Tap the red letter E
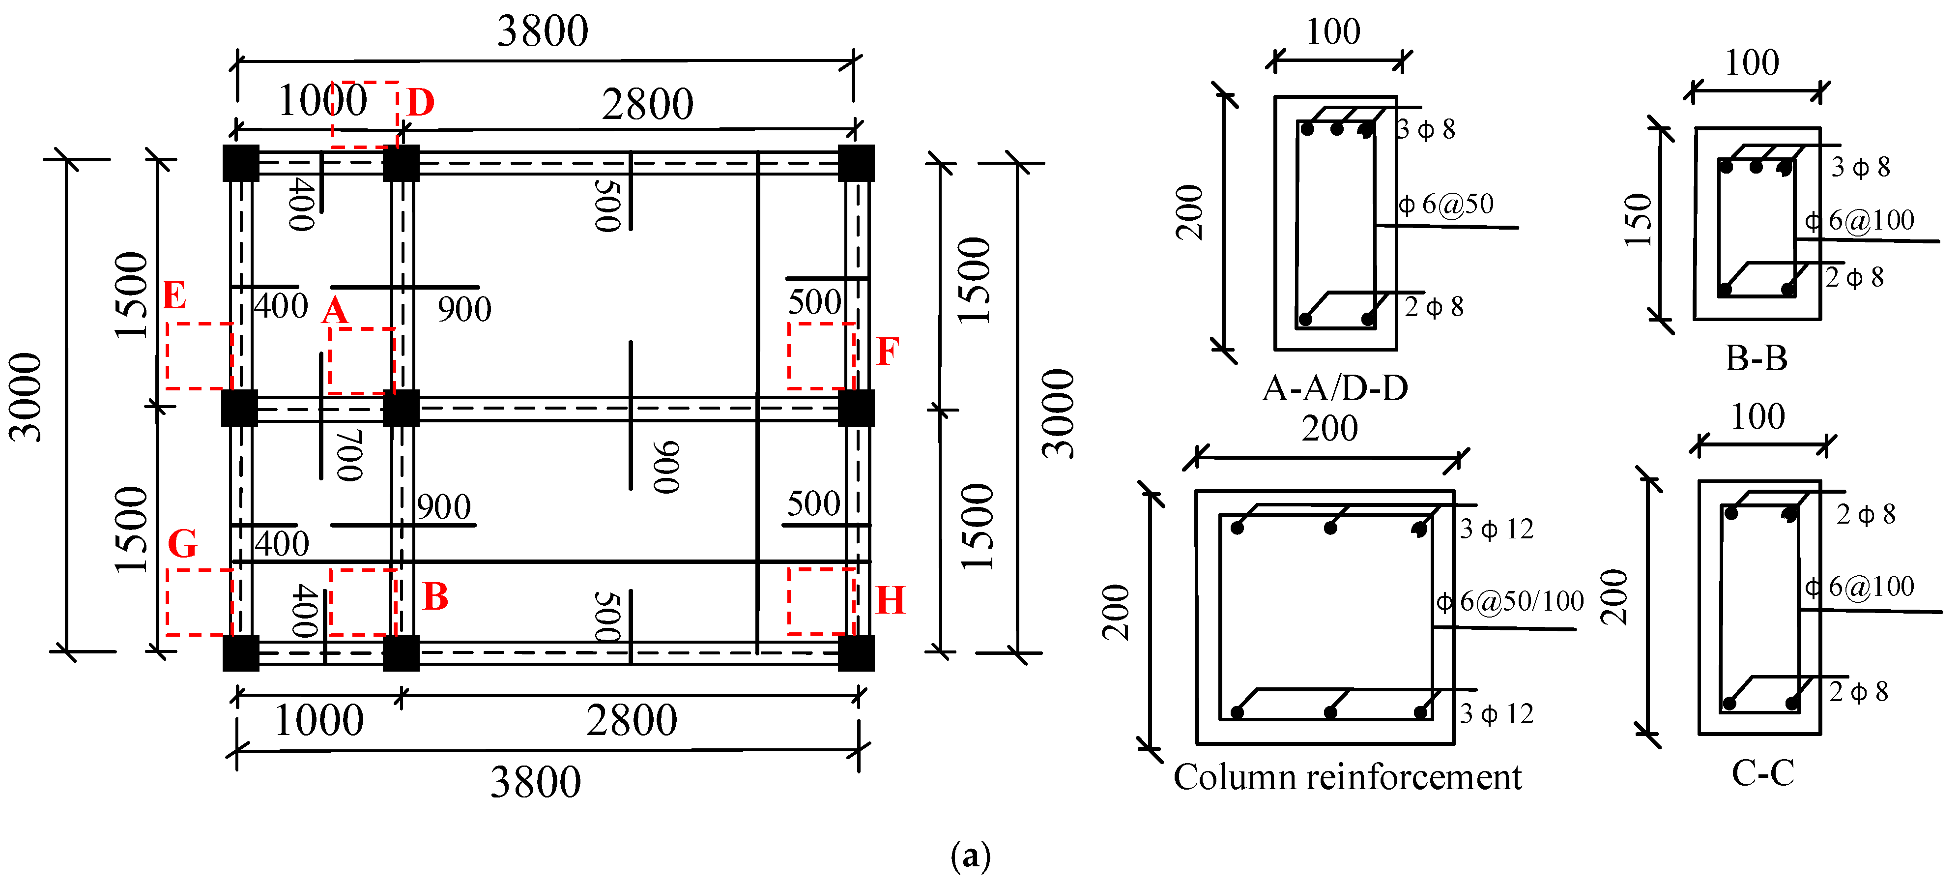pyautogui.click(x=174, y=295)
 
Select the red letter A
pyautogui.click(x=335, y=310)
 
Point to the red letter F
pyautogui.click(x=888, y=352)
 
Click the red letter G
pyautogui.click(x=182, y=543)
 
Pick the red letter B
pyautogui.click(x=436, y=596)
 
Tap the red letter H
pyautogui.click(x=891, y=600)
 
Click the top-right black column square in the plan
pyautogui.click(x=856, y=163)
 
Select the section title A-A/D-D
pyautogui.click(x=1335, y=388)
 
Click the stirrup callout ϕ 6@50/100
pyautogui.click(x=1510, y=602)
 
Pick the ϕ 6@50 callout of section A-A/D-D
pyautogui.click(x=1446, y=204)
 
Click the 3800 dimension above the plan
pyautogui.click(x=543, y=31)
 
